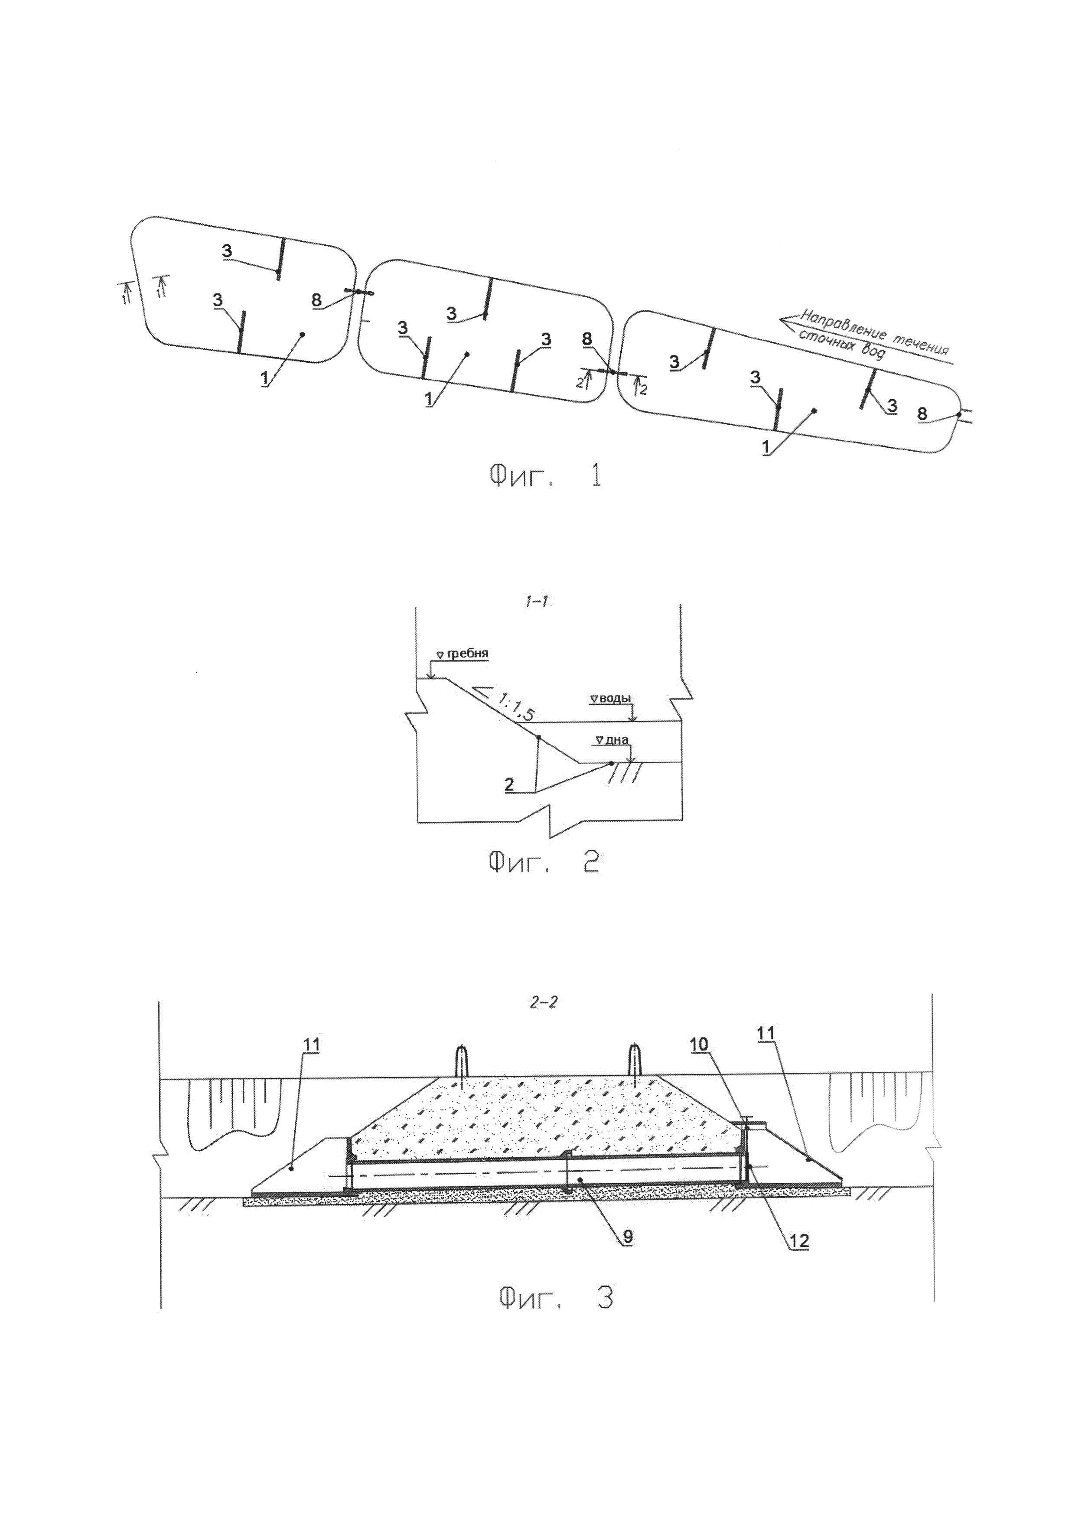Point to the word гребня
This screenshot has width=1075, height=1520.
coord(468,654)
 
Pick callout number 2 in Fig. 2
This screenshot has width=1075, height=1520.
coord(508,784)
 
